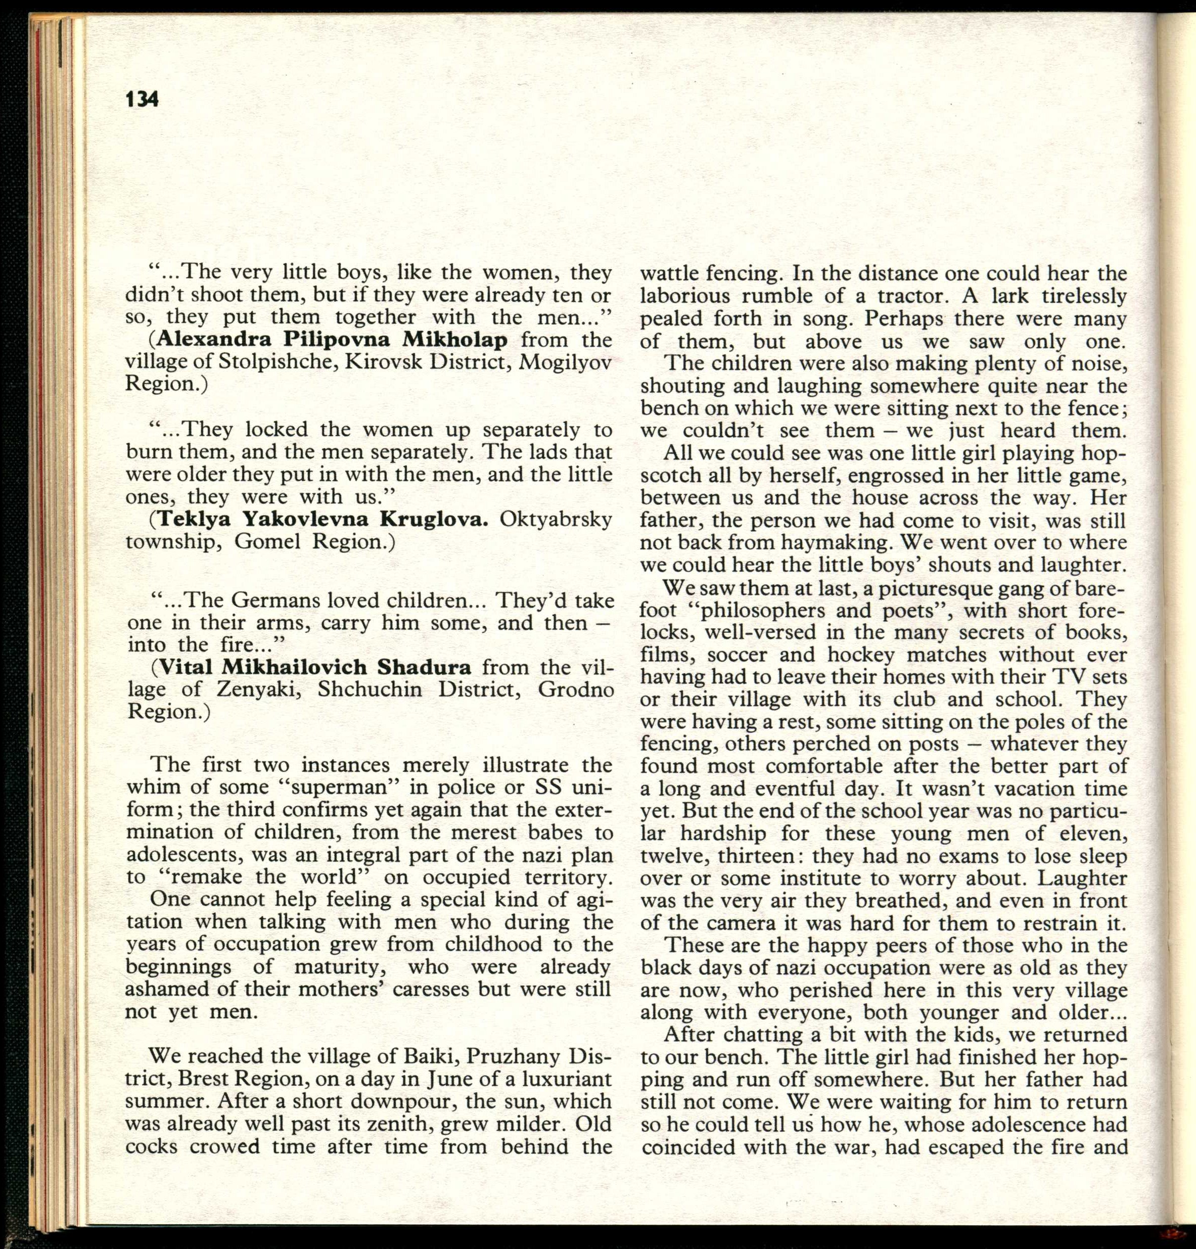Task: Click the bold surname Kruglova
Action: [x=434, y=519]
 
